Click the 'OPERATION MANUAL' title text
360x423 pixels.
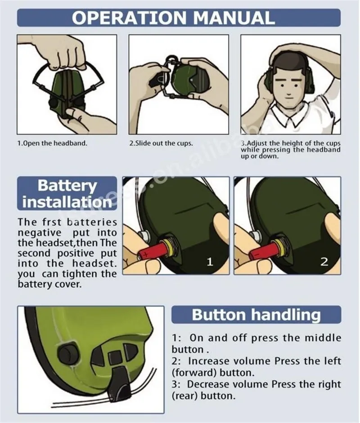[x=173, y=18]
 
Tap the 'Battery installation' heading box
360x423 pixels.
[x=67, y=193]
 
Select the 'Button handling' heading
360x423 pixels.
[x=256, y=315]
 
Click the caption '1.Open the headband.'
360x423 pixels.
[x=52, y=143]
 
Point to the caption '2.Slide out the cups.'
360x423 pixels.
[x=161, y=143]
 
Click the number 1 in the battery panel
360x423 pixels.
[x=210, y=262]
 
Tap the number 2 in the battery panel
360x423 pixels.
[x=324, y=262]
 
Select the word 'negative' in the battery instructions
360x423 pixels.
[x=40, y=232]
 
